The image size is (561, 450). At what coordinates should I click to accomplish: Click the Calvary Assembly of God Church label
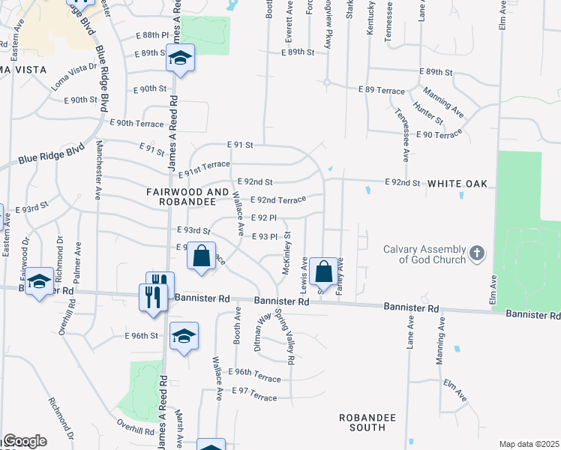point(424,254)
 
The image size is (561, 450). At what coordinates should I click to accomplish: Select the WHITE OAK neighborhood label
point(457,183)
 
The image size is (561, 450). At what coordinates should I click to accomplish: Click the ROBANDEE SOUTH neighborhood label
point(361,421)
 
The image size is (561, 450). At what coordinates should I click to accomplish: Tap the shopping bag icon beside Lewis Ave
point(324,271)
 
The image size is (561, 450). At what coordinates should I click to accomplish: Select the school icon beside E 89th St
point(180,58)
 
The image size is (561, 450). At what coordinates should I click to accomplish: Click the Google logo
point(24,441)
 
